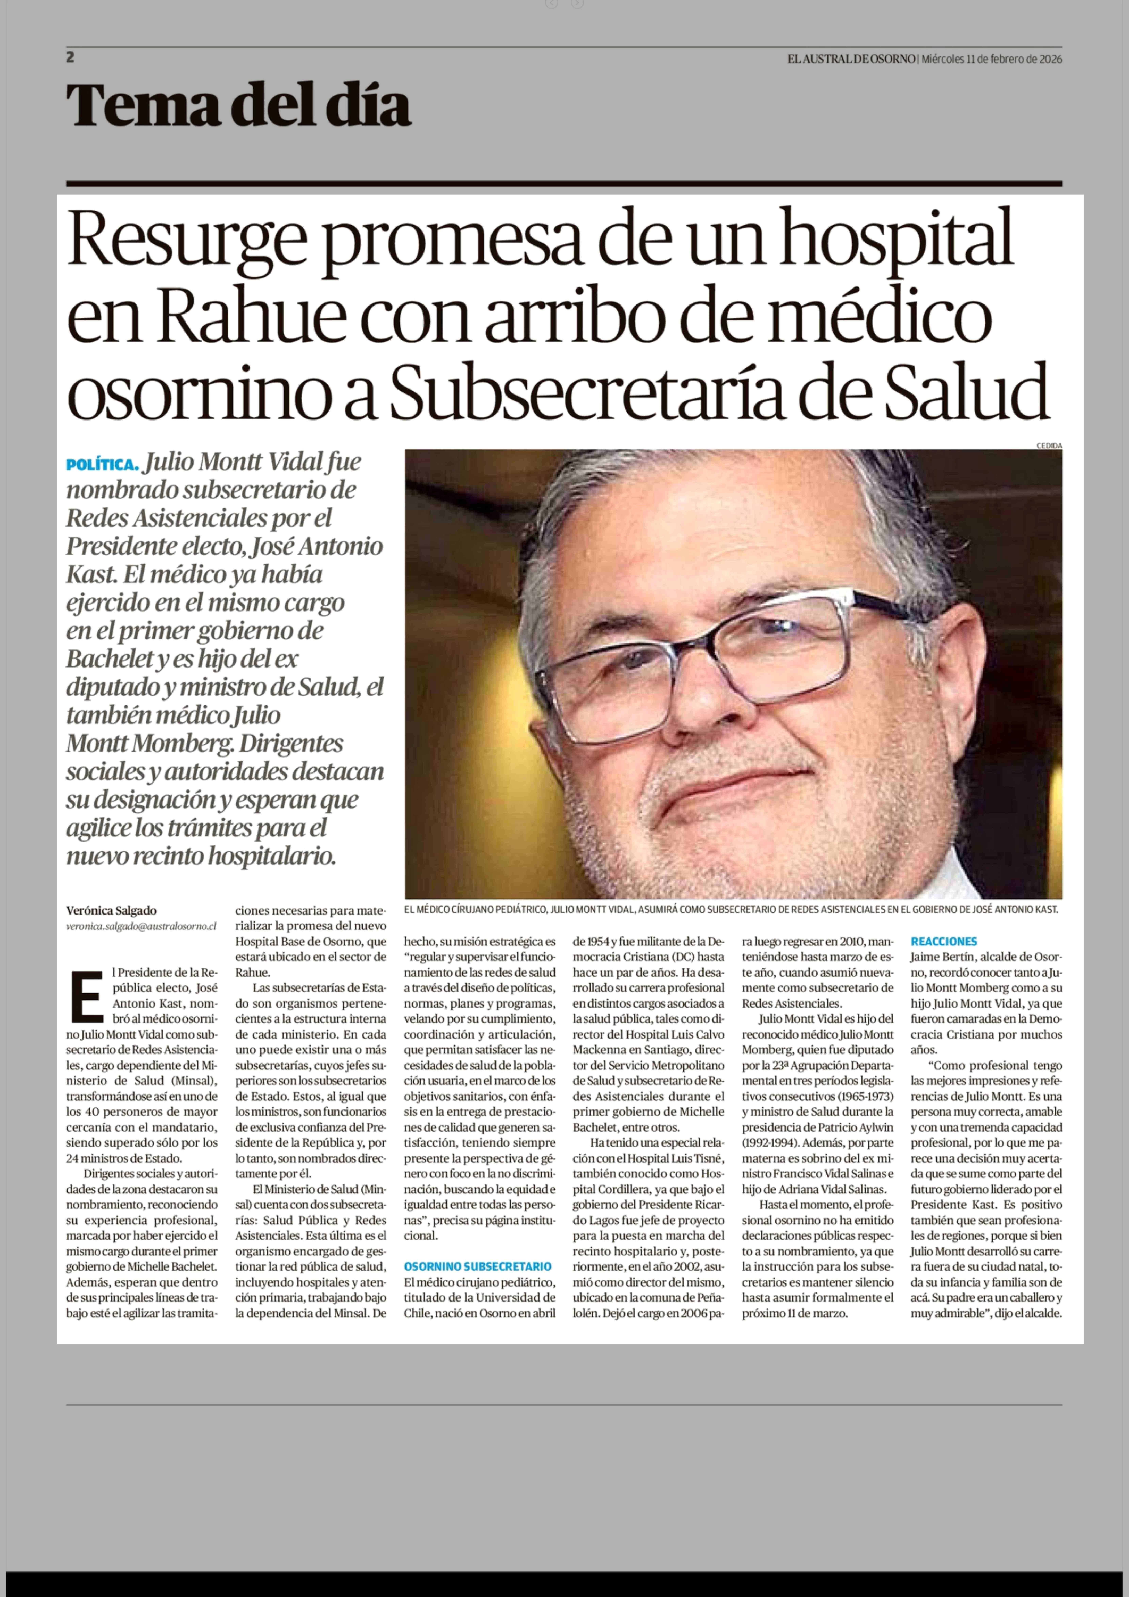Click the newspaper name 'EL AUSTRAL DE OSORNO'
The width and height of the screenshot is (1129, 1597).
(x=851, y=59)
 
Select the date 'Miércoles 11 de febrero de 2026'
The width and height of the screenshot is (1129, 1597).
(x=991, y=59)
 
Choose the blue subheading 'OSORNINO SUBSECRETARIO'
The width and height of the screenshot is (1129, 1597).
(x=478, y=1267)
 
